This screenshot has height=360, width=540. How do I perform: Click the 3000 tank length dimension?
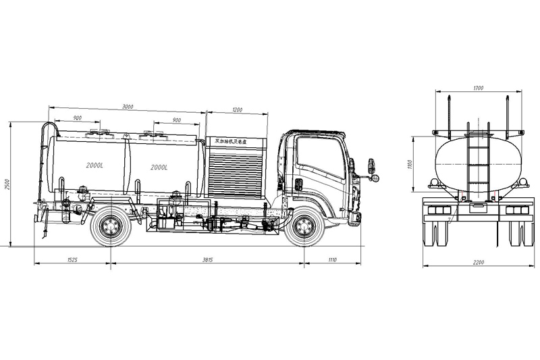(x=127, y=107)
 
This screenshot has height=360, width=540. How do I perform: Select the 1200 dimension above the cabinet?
(x=237, y=109)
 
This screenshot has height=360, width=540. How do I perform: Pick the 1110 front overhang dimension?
(x=331, y=260)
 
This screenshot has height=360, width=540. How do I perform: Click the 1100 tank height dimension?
(x=410, y=164)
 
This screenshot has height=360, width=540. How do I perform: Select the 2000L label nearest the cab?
(x=159, y=167)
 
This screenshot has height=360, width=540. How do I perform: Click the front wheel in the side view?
(x=304, y=227)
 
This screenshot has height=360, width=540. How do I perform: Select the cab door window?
(x=320, y=157)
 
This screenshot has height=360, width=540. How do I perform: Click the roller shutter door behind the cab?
(x=236, y=172)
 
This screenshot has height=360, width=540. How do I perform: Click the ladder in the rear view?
(x=479, y=162)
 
